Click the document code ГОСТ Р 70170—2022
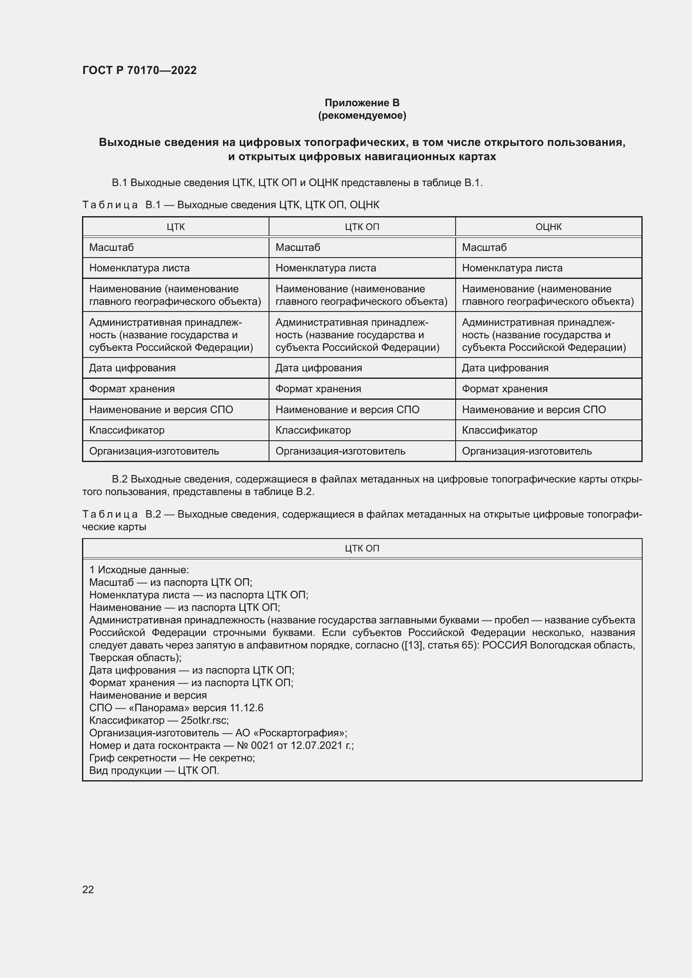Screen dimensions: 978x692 (x=139, y=70)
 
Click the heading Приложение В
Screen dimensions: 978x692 (x=362, y=103)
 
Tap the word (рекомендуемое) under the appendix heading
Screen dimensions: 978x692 (x=362, y=115)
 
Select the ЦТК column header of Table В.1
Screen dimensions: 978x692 (x=176, y=227)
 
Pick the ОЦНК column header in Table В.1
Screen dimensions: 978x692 (x=548, y=227)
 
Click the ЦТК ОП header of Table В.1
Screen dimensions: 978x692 (x=362, y=227)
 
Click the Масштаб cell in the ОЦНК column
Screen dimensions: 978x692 (x=484, y=248)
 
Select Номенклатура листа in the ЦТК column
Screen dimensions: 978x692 (x=139, y=268)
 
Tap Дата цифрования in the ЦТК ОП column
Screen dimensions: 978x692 (x=318, y=368)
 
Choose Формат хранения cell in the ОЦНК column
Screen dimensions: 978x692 (x=505, y=389)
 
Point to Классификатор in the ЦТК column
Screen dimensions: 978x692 (x=126, y=430)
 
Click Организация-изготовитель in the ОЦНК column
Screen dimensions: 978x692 (x=527, y=451)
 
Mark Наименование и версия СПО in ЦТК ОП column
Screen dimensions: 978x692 (x=347, y=410)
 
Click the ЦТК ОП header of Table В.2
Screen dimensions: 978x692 (x=362, y=548)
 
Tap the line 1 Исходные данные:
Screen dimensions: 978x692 (x=139, y=570)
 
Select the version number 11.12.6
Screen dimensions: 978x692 (x=246, y=708)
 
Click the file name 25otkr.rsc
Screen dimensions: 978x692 (x=204, y=720)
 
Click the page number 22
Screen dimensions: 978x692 (x=88, y=889)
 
